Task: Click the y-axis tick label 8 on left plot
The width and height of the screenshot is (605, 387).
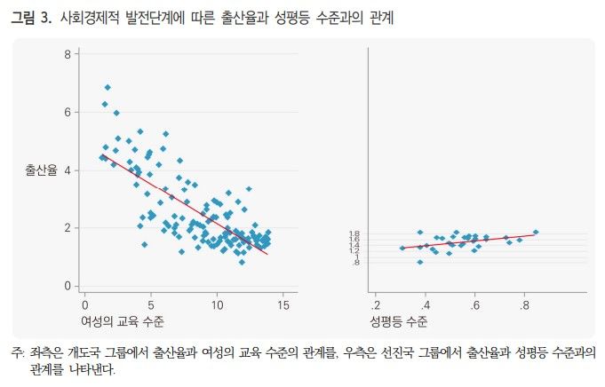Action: point(68,55)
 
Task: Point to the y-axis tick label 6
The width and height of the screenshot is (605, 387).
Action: point(68,113)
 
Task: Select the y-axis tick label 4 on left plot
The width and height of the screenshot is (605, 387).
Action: point(68,170)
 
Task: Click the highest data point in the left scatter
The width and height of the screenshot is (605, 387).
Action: point(107,87)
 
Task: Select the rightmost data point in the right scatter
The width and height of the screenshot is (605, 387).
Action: point(536,233)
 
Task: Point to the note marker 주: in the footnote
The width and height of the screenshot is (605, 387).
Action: point(17,352)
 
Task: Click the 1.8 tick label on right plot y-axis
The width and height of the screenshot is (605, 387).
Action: point(354,234)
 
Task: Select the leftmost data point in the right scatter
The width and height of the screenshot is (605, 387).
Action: point(402,249)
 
